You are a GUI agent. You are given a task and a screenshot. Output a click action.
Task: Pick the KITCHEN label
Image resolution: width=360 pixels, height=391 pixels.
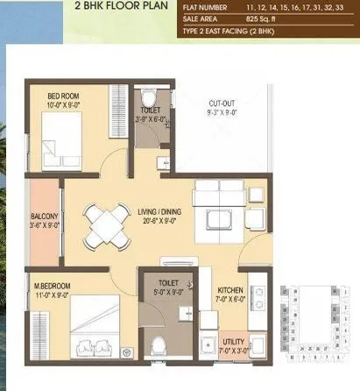pyautogui.click(x=232, y=288)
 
